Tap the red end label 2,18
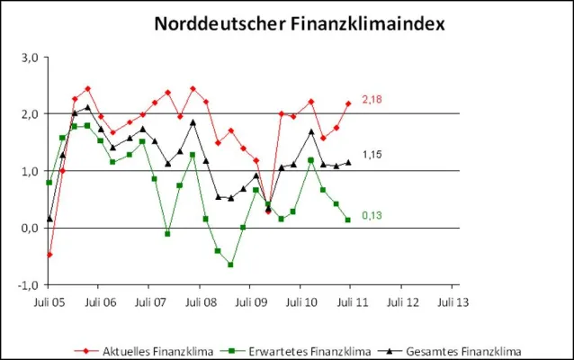point(372,99)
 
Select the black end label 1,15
point(372,156)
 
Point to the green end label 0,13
point(372,215)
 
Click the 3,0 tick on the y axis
point(28,57)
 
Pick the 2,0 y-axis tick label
point(28,113)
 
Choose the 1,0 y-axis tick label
point(28,171)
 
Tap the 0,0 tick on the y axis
point(28,228)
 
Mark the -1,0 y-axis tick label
point(26,285)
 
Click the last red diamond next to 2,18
point(348,103)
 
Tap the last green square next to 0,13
point(348,220)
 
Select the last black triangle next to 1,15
point(348,162)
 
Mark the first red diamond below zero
point(49,255)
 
